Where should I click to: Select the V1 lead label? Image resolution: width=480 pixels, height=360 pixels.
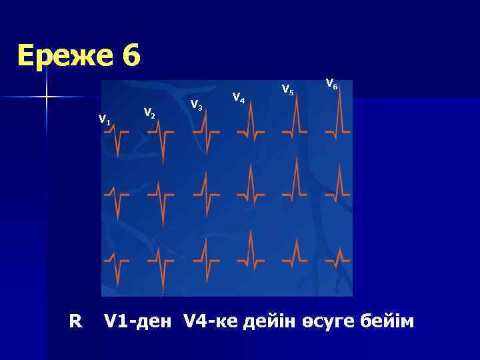[x=105, y=120]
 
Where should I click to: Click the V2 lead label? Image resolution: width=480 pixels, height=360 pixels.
[x=150, y=114]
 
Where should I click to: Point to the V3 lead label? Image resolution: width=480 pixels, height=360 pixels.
[x=196, y=105]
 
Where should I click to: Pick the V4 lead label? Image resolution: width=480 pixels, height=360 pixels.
[x=238, y=98]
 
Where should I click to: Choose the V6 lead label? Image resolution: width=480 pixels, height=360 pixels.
[x=332, y=84]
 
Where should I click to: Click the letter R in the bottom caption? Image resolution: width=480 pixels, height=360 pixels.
[x=75, y=322]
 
